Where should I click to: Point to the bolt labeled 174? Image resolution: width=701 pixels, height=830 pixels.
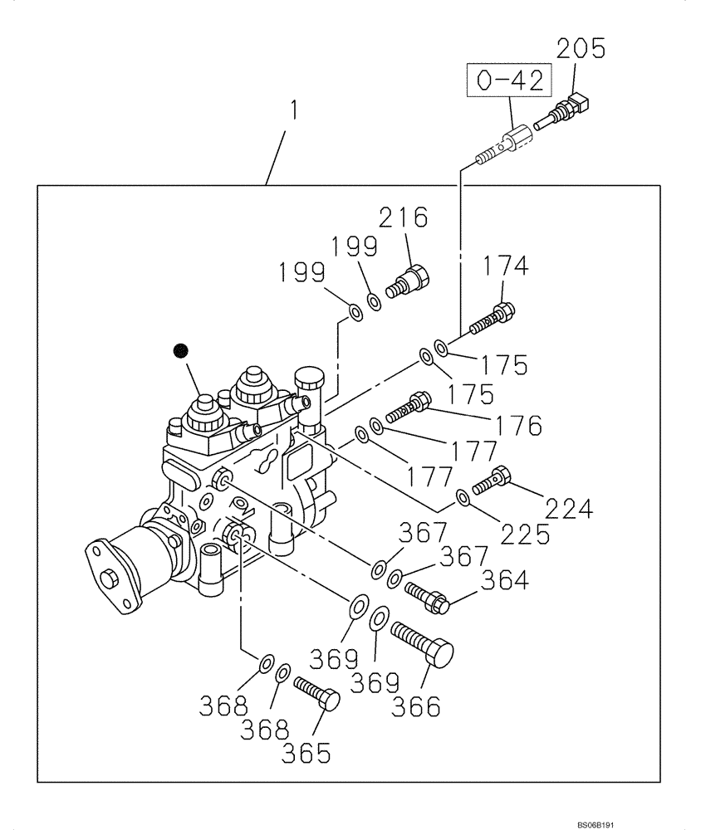pos(493,320)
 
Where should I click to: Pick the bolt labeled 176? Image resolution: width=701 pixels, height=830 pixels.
pos(408,408)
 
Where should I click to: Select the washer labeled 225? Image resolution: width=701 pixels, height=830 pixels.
pos(463,498)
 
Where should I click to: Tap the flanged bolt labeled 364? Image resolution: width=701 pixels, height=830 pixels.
pos(427,598)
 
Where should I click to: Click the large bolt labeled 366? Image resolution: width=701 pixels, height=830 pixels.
pos(424,643)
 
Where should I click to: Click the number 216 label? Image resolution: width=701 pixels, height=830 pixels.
pos(403,218)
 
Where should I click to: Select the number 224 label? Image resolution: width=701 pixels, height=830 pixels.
pos(569,507)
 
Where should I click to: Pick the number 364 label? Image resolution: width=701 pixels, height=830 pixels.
pos(504,579)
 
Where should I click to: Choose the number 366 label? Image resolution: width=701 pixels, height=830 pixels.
pos(440,705)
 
